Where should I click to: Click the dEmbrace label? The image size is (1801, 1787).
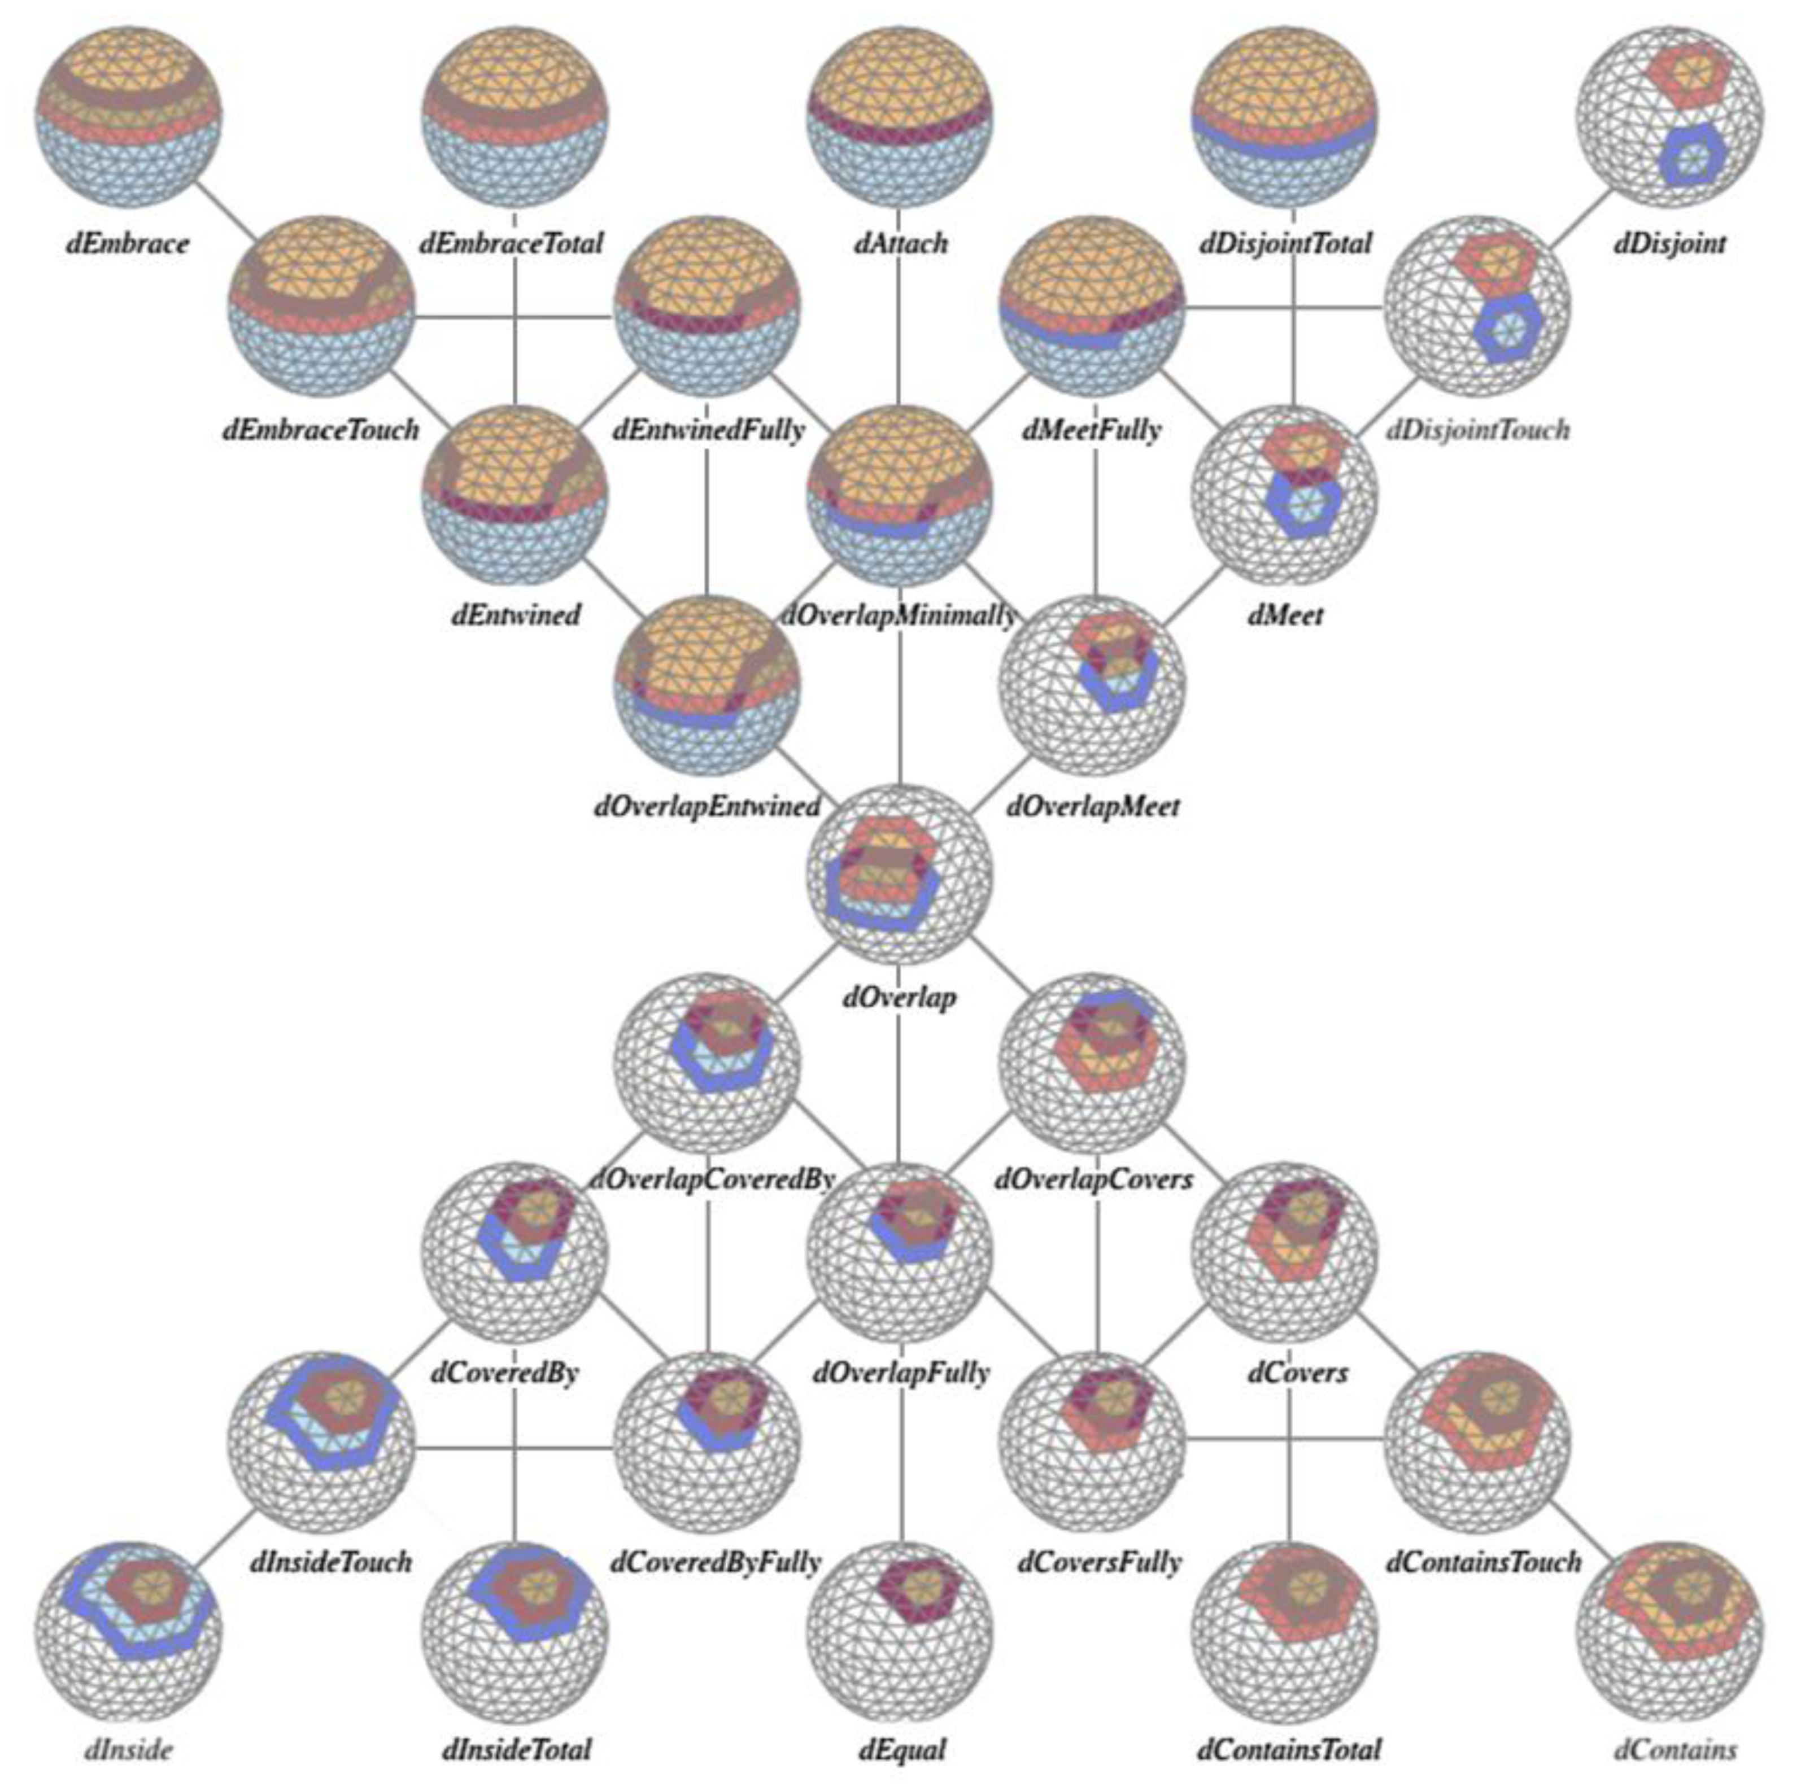point(128,244)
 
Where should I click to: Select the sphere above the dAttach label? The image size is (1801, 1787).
point(900,116)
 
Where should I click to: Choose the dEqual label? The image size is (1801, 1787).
point(901,1750)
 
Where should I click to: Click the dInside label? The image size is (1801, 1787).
point(128,1750)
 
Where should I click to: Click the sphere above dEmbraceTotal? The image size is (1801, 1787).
point(514,116)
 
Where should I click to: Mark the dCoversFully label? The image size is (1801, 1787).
point(1100,1561)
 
